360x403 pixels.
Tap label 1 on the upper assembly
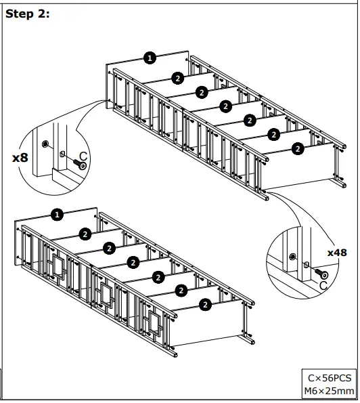(x=150, y=58)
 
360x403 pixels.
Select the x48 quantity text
(x=336, y=252)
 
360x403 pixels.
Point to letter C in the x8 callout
(x=83, y=156)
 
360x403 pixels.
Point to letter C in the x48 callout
(x=323, y=286)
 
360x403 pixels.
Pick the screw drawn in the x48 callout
(x=321, y=274)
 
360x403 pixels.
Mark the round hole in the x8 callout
(x=45, y=144)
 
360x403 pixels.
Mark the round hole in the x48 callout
(x=292, y=256)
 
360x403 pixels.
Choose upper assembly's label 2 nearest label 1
(x=177, y=78)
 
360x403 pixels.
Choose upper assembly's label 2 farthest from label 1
(x=297, y=147)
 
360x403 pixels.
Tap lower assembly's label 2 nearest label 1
(x=85, y=234)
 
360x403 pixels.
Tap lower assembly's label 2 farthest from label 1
(x=205, y=305)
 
